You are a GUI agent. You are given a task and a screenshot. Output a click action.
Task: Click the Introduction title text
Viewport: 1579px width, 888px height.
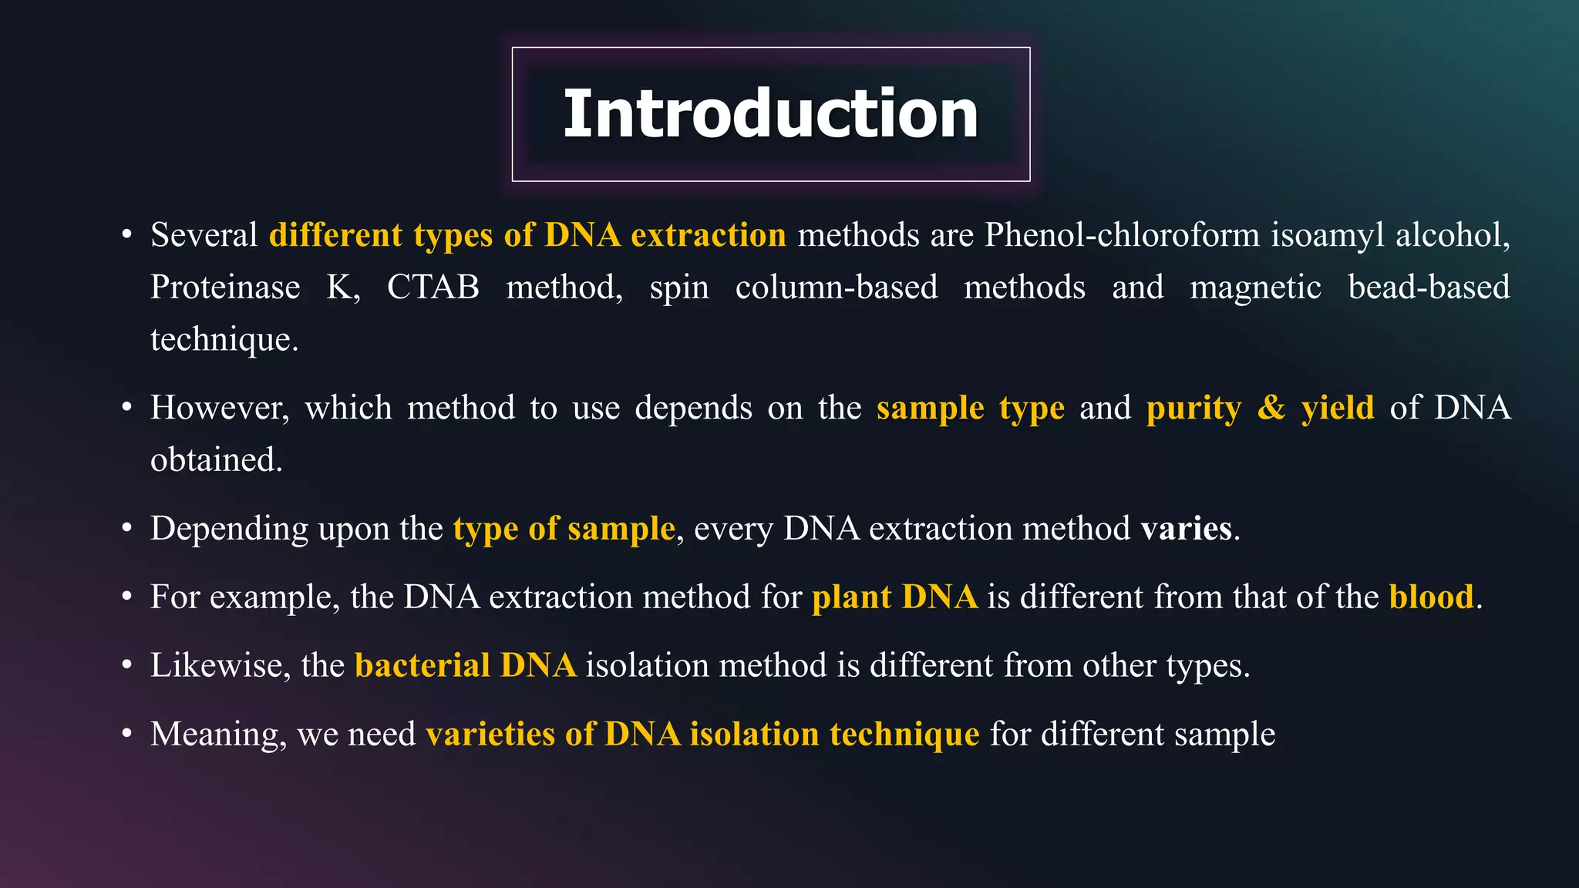pos(771,114)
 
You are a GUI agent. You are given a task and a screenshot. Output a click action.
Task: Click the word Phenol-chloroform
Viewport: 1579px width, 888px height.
pos(1122,235)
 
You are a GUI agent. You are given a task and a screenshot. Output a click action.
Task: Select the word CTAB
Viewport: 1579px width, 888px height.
pos(433,288)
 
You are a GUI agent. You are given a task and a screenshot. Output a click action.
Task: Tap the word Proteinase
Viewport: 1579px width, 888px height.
pos(225,288)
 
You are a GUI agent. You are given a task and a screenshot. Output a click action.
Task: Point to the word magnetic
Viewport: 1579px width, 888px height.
pos(1255,288)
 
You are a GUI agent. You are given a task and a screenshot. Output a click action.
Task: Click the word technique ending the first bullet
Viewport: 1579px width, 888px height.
pos(224,340)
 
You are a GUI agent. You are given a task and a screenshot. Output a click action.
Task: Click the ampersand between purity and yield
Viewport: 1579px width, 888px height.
pos(1271,407)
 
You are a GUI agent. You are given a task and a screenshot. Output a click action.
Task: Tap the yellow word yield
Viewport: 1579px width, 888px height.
pos(1338,408)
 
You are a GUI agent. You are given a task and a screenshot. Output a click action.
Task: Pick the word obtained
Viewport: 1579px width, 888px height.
pos(216,460)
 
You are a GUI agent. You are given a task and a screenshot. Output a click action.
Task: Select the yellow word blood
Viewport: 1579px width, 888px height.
pos(1431,597)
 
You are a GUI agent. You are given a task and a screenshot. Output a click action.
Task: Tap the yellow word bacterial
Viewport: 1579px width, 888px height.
pos(423,665)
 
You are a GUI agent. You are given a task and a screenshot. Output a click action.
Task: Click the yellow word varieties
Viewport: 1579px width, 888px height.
pos(490,734)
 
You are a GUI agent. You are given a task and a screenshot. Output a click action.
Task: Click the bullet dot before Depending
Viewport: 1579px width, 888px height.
pos(127,529)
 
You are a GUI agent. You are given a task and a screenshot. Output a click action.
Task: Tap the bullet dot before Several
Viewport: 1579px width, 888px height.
pos(127,235)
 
